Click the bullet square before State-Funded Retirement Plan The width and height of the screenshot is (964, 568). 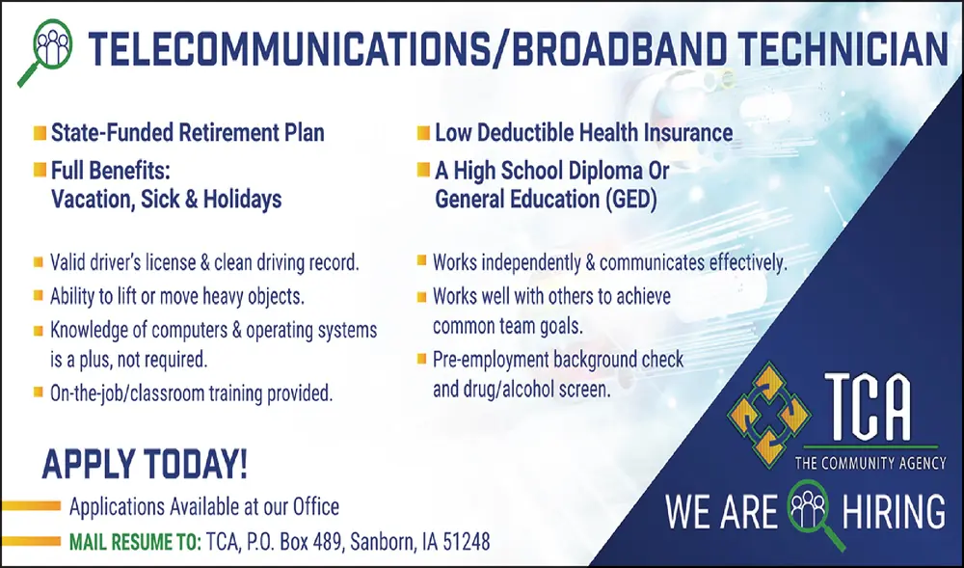[40, 131]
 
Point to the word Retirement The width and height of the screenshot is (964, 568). [225, 132]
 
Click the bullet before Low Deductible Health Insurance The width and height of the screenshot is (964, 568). [423, 131]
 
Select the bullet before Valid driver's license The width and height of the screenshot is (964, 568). [39, 261]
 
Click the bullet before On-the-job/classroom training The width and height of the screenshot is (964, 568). [39, 392]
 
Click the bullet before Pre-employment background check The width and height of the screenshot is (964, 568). [422, 360]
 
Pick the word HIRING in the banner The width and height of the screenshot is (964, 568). [893, 511]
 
